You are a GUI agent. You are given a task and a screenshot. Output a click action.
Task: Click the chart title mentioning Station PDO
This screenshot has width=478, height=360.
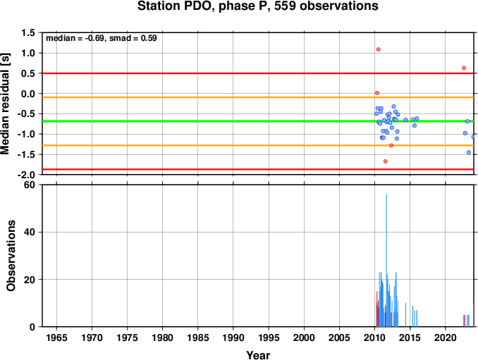coord(257,6)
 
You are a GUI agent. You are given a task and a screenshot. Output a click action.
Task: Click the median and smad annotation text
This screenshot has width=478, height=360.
coord(102,38)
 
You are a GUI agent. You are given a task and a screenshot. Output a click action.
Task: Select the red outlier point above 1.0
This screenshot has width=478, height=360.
coord(379,49)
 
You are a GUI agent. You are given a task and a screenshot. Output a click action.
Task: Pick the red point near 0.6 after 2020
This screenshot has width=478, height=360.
coord(464,68)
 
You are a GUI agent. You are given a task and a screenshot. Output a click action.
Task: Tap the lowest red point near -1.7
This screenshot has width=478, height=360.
coord(386,161)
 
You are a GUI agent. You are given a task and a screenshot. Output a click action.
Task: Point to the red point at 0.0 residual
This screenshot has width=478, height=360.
coord(377,93)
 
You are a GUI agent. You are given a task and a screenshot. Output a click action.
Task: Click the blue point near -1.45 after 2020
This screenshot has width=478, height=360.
coord(469,152)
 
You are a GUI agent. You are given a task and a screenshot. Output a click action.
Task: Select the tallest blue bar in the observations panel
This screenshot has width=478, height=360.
coord(386,261)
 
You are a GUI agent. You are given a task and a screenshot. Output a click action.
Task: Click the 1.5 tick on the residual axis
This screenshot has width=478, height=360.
coord(28,33)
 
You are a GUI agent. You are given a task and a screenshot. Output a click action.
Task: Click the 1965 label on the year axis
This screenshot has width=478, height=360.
coord(56,337)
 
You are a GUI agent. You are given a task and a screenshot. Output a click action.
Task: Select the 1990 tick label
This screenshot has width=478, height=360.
coord(233,337)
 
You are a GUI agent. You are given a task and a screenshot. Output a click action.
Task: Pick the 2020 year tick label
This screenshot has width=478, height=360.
coord(446,337)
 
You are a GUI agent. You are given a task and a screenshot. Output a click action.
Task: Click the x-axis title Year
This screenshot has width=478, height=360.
coord(258,355)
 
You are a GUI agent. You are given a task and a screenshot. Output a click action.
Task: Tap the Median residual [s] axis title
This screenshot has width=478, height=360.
coord(5,104)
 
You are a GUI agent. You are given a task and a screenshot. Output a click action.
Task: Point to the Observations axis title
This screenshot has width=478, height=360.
coord(11,256)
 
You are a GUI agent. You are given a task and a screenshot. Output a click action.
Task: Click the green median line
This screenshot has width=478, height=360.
coord(258,121)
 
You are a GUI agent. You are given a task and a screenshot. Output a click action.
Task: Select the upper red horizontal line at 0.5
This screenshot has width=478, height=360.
coord(258,73)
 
